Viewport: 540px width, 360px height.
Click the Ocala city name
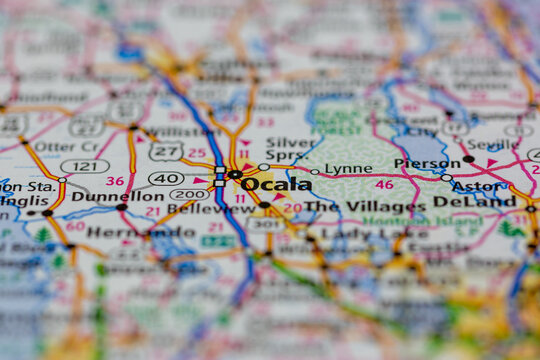[276, 184]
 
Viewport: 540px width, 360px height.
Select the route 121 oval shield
[85, 166]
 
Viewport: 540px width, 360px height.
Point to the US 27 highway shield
[166, 151]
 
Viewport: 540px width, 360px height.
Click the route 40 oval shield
[166, 178]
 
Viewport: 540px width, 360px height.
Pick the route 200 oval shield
[188, 194]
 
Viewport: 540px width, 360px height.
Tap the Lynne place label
[348, 169]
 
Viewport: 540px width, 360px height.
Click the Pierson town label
[427, 163]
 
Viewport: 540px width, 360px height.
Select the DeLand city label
[488, 201]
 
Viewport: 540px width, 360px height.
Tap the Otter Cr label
[66, 146]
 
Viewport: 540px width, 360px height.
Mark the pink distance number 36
[115, 181]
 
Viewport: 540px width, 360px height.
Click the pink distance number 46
[384, 184]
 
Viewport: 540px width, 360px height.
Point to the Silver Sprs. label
[289, 149]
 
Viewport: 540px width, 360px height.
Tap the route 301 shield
[265, 224]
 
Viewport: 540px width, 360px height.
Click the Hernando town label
[124, 232]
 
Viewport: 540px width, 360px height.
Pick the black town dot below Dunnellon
[121, 207]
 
